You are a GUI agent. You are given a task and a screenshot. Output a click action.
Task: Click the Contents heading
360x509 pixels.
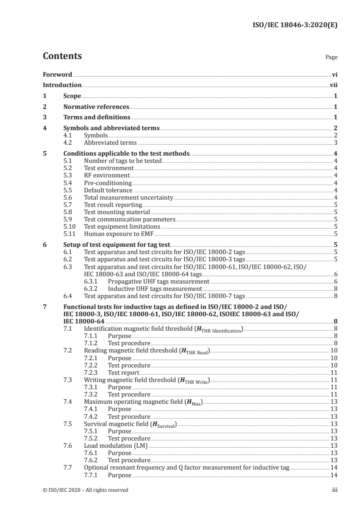pyautogui.click(x=62, y=56)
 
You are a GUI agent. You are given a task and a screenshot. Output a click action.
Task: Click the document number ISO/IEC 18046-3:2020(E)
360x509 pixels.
pyautogui.click(x=295, y=25)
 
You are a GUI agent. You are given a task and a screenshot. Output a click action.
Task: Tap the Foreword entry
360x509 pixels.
pyautogui.click(x=57, y=74)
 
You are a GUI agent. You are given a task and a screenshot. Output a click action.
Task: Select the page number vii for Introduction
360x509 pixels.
pyautogui.click(x=333, y=85)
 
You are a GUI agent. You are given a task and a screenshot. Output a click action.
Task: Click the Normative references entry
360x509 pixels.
pyautogui.click(x=96, y=107)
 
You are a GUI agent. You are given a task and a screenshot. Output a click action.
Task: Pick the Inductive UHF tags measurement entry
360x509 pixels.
pyautogui.click(x=155, y=289)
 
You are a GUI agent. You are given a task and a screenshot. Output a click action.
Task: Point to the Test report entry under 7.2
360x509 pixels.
pyautogui.click(x=123, y=372)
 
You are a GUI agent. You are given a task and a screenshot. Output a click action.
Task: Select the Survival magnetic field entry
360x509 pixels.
pyautogui.click(x=130, y=423)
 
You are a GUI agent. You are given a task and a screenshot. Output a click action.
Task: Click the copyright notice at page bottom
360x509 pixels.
pyautogui.click(x=85, y=490)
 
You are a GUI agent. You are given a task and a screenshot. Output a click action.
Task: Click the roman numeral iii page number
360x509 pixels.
pyautogui.click(x=335, y=490)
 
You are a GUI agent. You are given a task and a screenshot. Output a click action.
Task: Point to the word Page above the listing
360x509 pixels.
pyautogui.click(x=331, y=58)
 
